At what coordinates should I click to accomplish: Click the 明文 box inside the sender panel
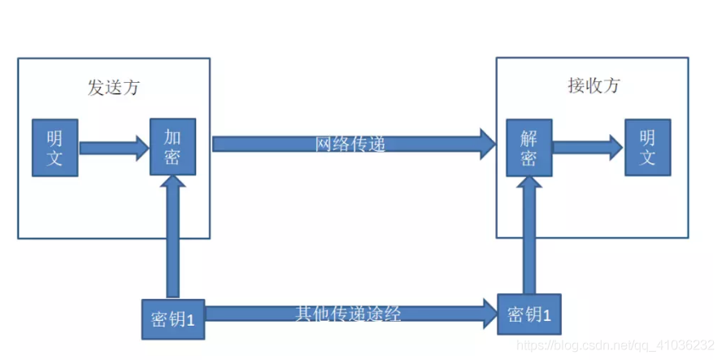54,147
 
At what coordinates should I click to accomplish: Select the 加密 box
172,146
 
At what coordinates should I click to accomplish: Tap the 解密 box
529,147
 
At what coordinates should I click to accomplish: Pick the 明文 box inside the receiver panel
647,147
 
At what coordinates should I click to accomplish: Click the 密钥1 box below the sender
172,318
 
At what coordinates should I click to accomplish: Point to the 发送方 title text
113,87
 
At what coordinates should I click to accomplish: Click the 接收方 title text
592,85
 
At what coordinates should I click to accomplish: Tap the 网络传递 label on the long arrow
350,144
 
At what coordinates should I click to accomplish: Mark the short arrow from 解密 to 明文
585,147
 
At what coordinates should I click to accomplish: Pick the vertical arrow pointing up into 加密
172,236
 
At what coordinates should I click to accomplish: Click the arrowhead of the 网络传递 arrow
487,144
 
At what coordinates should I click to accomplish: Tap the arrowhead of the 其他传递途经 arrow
489,312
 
